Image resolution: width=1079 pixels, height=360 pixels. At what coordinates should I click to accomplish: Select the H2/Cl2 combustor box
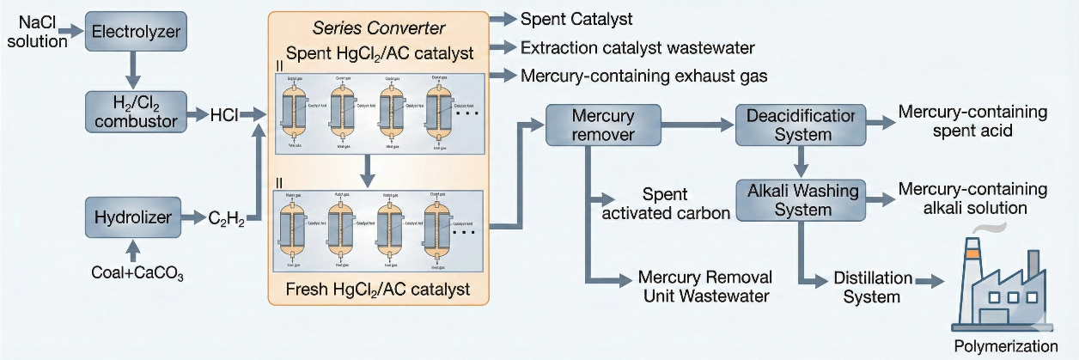136,111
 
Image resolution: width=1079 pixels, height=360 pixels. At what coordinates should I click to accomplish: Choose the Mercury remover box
603,125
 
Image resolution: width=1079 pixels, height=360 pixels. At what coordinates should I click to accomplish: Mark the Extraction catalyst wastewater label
637,46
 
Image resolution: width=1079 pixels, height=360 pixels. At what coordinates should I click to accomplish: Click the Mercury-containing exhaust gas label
643,76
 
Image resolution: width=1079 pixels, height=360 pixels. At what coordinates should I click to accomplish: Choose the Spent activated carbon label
666,204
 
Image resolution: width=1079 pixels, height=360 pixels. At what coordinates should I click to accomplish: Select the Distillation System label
871,289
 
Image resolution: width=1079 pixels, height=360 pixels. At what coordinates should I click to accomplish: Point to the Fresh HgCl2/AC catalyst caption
378,290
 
